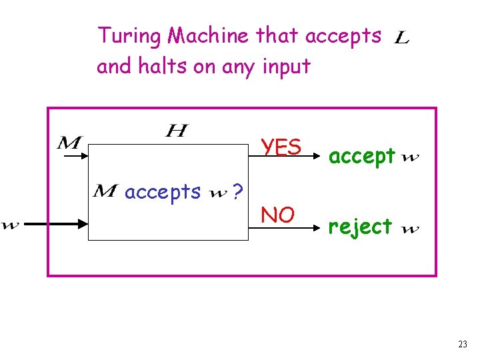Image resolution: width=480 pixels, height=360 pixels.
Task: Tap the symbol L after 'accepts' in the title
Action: [x=402, y=39]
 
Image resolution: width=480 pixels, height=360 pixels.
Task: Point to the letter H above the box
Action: [x=176, y=130]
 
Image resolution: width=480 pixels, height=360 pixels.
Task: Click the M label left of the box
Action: [x=69, y=142]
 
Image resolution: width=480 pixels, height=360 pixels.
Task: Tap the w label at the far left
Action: [x=10, y=225]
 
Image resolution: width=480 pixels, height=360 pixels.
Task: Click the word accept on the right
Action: [x=363, y=157]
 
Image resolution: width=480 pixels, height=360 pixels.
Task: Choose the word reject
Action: [x=360, y=227]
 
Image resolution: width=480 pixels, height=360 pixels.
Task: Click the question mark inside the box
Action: [x=237, y=193]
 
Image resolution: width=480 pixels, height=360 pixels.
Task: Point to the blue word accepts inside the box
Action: [x=163, y=192]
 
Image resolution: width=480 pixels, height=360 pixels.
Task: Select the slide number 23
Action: [x=463, y=344]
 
